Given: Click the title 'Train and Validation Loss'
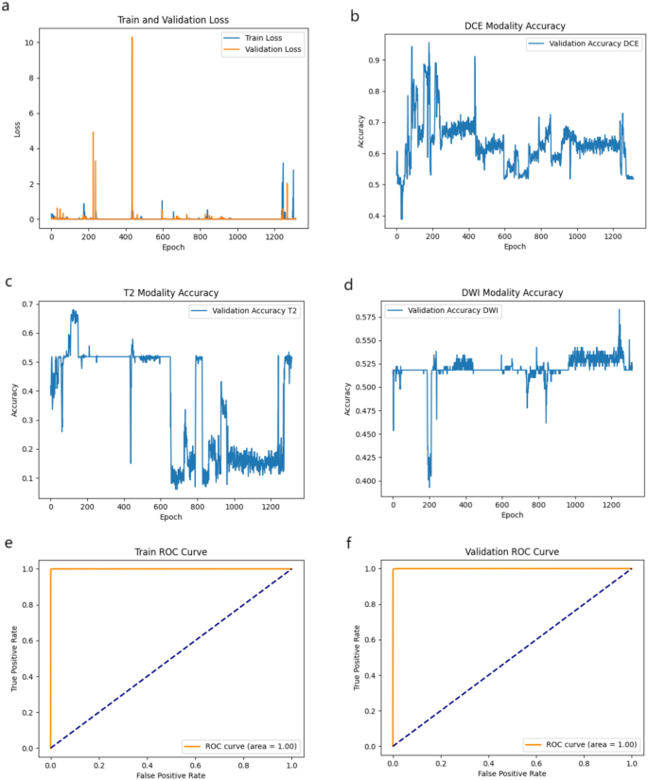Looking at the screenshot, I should [172, 19].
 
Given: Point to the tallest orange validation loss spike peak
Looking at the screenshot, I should [131, 38].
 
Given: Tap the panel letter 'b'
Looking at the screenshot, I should [355, 16].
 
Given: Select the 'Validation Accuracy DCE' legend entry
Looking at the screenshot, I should [581, 44].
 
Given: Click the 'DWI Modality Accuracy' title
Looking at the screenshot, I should [515, 293].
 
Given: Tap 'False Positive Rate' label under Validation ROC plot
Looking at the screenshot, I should [513, 772].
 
